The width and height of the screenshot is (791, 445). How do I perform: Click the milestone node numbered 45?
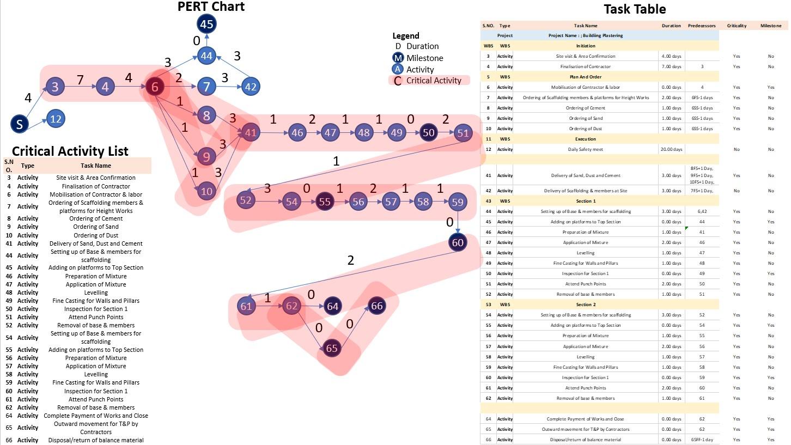point(206,24)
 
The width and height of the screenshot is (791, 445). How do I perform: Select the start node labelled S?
point(20,124)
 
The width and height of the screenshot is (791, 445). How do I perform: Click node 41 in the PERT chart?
point(251,132)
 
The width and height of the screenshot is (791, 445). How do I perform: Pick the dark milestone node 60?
point(458,242)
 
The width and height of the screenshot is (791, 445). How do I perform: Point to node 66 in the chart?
point(377,306)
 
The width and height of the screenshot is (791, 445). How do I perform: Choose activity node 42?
point(251,87)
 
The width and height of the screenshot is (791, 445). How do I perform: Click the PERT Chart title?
point(211,7)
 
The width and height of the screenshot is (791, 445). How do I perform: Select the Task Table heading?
point(635,9)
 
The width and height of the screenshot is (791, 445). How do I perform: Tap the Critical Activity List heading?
point(70,151)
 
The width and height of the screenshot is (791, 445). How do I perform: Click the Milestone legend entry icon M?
point(398,58)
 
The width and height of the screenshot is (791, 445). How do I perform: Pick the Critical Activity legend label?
point(434,81)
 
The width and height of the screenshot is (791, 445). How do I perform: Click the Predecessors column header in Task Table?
point(702,26)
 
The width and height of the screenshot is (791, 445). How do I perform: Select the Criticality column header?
point(737,26)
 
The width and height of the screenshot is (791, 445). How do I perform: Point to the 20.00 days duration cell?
point(671,149)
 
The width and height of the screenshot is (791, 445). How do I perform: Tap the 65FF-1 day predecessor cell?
point(702,440)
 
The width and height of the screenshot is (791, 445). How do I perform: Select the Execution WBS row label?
point(586,139)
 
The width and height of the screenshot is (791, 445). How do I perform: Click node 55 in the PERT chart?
point(325,202)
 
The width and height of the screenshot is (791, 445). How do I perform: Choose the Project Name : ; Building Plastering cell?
point(586,35)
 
